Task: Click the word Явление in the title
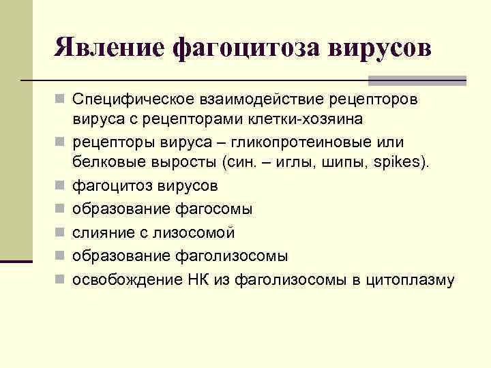pos(110,47)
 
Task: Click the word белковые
pos(104,162)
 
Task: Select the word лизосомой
pos(198,232)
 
